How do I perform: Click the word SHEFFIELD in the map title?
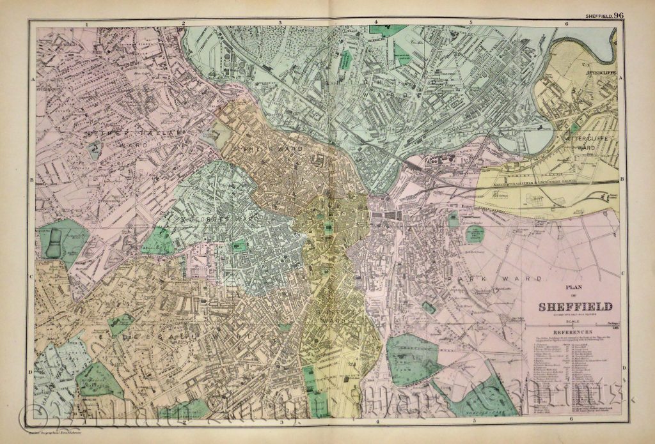coord(575,305)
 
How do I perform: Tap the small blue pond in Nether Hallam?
coord(95,151)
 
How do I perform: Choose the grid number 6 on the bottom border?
coord(568,419)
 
